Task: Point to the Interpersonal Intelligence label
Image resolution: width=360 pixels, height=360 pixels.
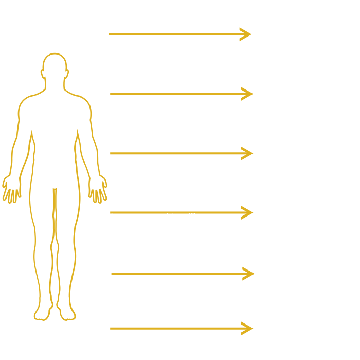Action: point(166,217)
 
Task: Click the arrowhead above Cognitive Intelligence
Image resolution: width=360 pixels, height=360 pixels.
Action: point(246,34)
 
